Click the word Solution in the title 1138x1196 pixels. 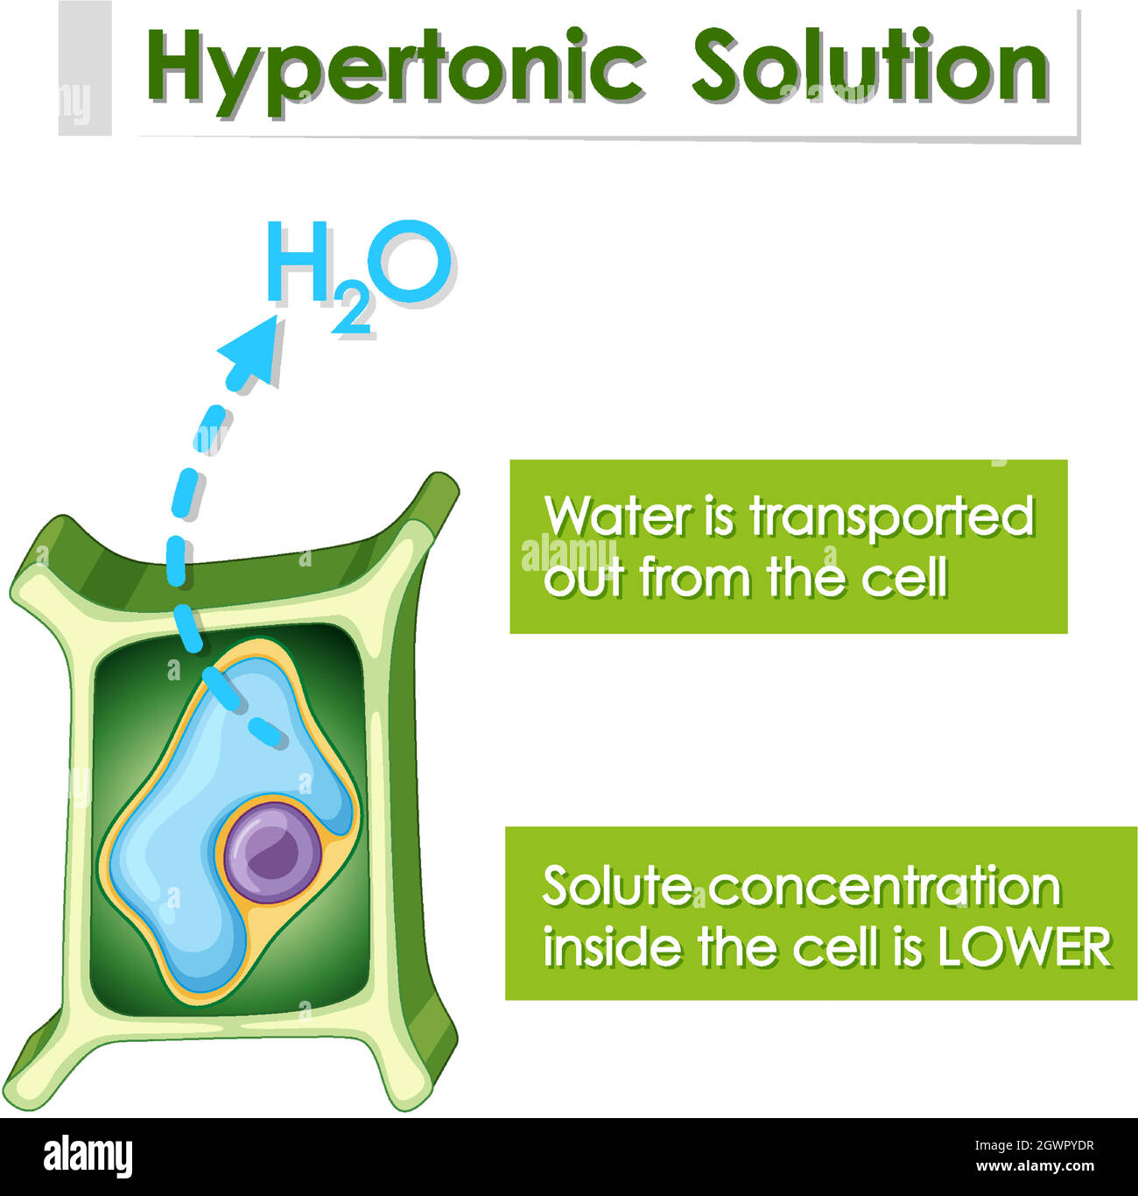pos(870,67)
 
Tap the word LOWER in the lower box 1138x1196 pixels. pos(1024,947)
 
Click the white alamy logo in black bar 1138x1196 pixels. pos(88,1156)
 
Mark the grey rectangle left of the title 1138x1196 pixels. pos(85,68)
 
